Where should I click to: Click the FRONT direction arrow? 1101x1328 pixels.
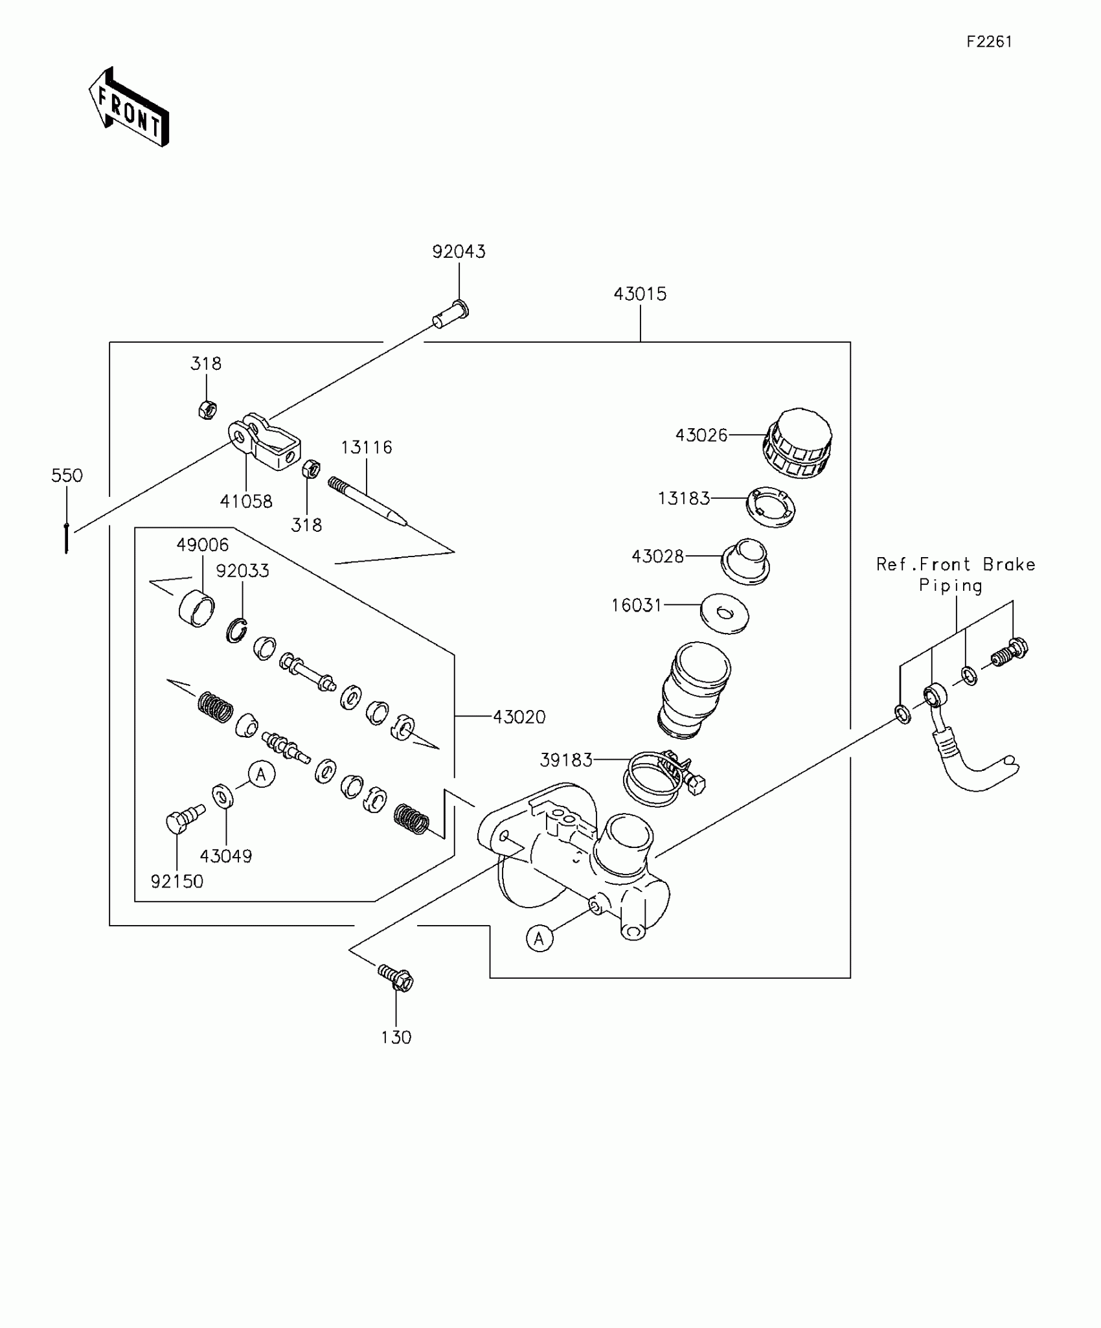(129, 108)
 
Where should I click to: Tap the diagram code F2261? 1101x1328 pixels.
(989, 42)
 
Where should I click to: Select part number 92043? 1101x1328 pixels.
(459, 251)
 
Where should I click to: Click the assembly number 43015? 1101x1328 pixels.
(640, 294)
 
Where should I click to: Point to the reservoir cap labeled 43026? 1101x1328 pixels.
(798, 444)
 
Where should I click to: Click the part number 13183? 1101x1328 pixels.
(684, 498)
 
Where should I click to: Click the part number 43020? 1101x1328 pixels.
(519, 716)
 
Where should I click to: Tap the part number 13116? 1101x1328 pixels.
(367, 448)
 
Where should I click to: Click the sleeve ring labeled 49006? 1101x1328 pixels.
(196, 608)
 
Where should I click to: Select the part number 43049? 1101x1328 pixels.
(225, 856)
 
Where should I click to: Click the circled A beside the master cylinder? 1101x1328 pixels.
(539, 938)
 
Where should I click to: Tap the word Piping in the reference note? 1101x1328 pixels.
(950, 586)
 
